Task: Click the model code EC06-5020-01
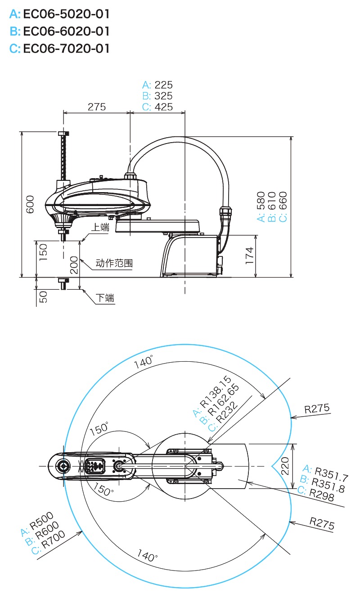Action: click(x=66, y=14)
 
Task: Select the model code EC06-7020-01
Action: click(x=66, y=48)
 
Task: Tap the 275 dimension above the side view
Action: click(x=96, y=107)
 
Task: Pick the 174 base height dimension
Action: click(x=250, y=256)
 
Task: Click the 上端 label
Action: click(x=100, y=228)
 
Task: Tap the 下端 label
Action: click(x=105, y=298)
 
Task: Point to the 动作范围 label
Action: click(x=114, y=263)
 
